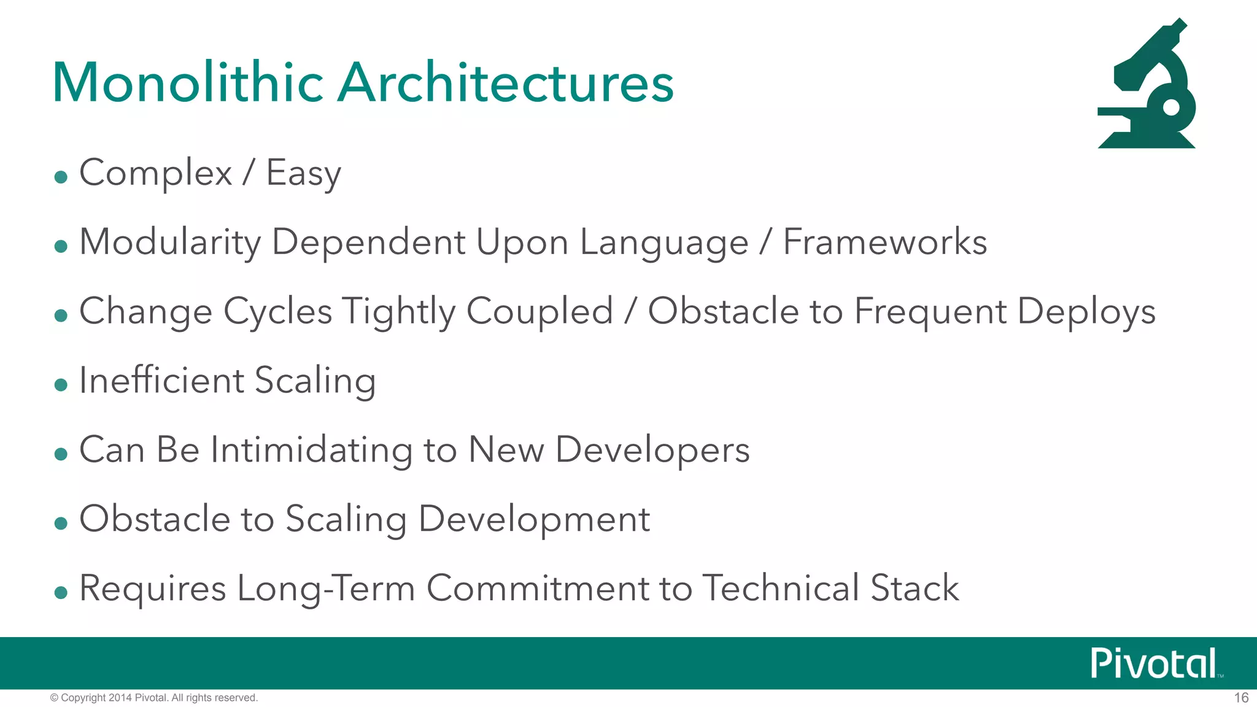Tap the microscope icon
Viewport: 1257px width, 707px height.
[x=1147, y=86]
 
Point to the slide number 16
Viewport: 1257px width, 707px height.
[x=1241, y=698]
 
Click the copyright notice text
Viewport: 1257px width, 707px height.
[x=153, y=698]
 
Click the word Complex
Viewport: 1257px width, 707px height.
[x=156, y=173]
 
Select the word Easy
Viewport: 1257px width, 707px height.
[x=303, y=173]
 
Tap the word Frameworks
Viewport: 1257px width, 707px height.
[x=885, y=242]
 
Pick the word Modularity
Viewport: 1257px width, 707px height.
[x=170, y=242]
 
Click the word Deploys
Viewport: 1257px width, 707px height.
[x=1086, y=311]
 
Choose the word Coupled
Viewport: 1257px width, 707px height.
[x=540, y=311]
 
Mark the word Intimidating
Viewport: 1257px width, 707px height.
[x=312, y=450]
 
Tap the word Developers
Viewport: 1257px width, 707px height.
[x=652, y=450]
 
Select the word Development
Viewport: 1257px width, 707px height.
[x=534, y=519]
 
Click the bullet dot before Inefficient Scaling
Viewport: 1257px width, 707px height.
[x=61, y=385]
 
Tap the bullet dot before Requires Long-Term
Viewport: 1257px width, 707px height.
[x=61, y=593]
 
